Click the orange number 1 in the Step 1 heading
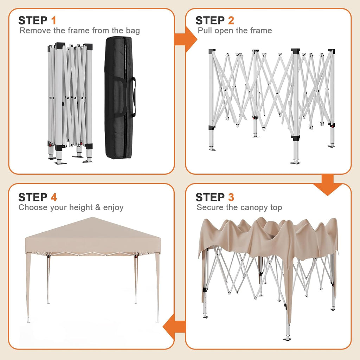click(x=53, y=20)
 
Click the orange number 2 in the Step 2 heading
click(x=231, y=20)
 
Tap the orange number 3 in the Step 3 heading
click(x=231, y=197)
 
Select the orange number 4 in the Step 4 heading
click(x=54, y=197)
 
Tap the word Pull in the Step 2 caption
click(x=204, y=31)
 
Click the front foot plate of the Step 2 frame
click(x=295, y=162)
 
